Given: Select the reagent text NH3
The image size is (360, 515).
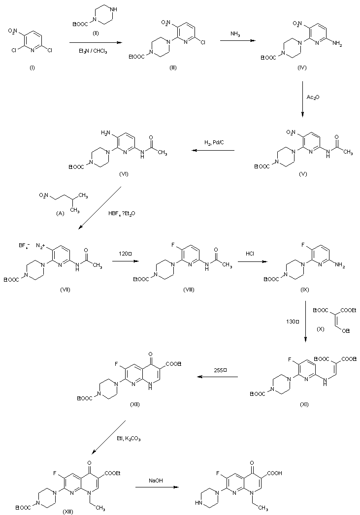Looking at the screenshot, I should tap(236, 33).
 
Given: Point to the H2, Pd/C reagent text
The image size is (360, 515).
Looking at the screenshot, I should tap(214, 143).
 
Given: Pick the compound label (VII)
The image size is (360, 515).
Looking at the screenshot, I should tap(65, 289).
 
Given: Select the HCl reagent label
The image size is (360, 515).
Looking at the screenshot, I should tap(250, 254).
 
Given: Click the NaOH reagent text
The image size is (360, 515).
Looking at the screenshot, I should tap(156, 480).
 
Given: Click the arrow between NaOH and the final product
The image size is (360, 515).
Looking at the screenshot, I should tap(156, 488).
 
